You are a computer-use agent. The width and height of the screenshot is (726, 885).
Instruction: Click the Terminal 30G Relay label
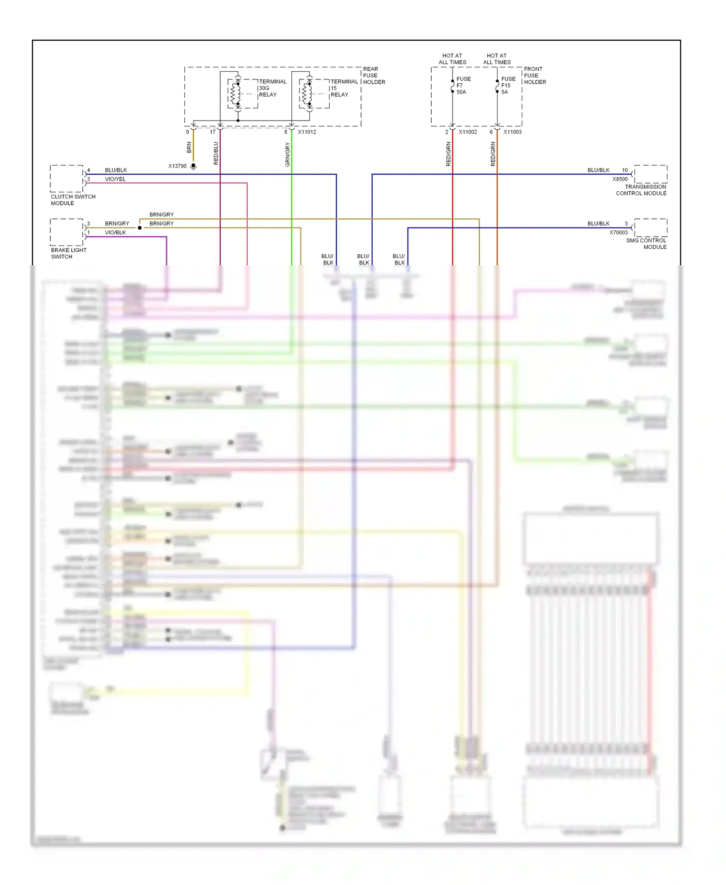pyautogui.click(x=272, y=88)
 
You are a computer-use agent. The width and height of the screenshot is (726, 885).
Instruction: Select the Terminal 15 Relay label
pyautogui.click(x=344, y=88)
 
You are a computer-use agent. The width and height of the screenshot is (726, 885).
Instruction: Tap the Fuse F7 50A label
pyautogui.click(x=463, y=85)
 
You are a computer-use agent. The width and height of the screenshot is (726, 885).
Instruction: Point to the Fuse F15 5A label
pyautogui.click(x=508, y=85)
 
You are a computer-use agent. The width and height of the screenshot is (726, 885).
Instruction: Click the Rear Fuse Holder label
pyautogui.click(x=374, y=76)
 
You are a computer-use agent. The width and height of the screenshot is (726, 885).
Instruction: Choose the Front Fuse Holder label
pyautogui.click(x=534, y=76)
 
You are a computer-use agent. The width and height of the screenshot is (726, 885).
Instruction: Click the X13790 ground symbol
pyautogui.click(x=193, y=167)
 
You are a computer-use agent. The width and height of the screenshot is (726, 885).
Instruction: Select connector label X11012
pyautogui.click(x=307, y=132)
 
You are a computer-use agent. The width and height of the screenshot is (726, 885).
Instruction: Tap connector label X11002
pyautogui.click(x=468, y=132)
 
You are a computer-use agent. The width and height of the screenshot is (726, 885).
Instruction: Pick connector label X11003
pyautogui.click(x=512, y=132)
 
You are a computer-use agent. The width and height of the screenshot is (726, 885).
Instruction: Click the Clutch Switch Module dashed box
pyautogui.click(x=66, y=178)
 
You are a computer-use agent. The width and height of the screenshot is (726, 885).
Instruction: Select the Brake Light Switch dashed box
pyautogui.click(x=66, y=232)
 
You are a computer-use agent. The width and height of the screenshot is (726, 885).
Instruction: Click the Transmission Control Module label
pyautogui.click(x=641, y=190)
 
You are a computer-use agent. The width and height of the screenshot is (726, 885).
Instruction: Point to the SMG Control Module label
pyautogui.click(x=646, y=244)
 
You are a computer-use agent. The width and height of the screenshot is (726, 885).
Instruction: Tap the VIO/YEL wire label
pyautogui.click(x=115, y=179)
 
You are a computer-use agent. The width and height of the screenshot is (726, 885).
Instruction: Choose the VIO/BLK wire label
pyautogui.click(x=115, y=232)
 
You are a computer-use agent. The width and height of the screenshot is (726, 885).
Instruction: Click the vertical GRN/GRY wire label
pyautogui.click(x=287, y=154)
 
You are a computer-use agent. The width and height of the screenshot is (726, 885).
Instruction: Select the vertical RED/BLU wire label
pyautogui.click(x=216, y=153)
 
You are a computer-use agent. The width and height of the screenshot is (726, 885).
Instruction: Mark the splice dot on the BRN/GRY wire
pyautogui.click(x=140, y=228)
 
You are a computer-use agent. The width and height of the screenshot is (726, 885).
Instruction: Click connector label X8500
pyautogui.click(x=620, y=179)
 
